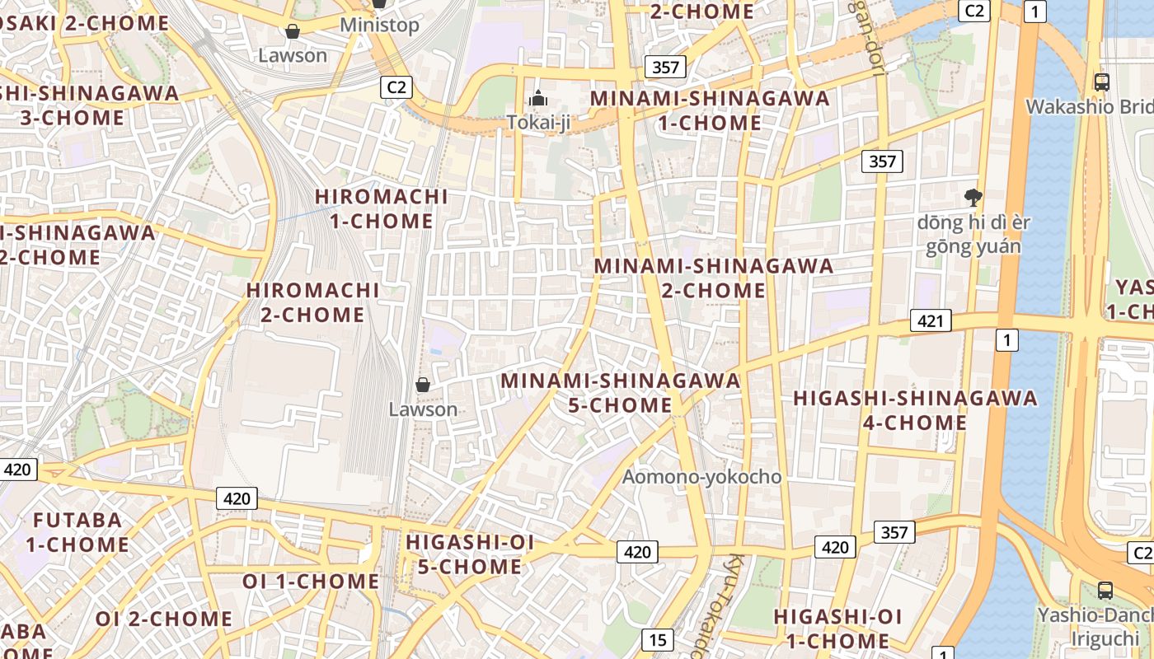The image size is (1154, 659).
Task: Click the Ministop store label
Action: tap(379, 25)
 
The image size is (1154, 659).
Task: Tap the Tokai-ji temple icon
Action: tap(538, 98)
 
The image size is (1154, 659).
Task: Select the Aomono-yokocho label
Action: tap(701, 477)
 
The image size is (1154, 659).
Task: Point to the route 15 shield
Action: tap(657, 639)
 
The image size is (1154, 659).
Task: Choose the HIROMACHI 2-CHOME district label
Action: tap(313, 302)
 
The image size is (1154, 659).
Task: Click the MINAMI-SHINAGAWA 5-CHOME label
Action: tap(621, 393)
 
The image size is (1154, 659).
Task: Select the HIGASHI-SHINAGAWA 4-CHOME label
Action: tap(915, 410)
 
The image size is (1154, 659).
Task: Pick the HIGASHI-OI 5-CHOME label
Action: tap(470, 554)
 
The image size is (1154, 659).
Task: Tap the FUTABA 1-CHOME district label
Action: tap(77, 532)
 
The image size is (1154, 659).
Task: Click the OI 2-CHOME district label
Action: tap(164, 619)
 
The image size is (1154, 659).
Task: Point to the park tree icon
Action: tap(973, 197)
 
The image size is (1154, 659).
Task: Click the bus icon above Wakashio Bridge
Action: tap(1102, 82)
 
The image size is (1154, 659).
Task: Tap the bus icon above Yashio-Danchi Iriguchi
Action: tap(1105, 590)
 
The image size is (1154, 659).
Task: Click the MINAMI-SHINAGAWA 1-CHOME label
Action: tap(710, 110)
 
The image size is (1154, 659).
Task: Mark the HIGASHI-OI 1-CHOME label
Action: tap(837, 629)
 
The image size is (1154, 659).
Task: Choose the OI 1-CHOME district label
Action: tap(311, 582)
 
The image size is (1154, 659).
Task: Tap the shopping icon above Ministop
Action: tap(378, 2)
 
